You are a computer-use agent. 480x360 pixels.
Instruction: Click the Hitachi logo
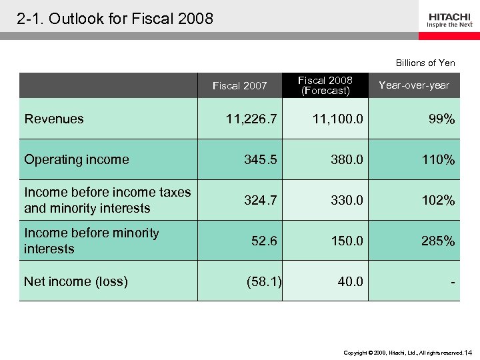(x=450, y=19)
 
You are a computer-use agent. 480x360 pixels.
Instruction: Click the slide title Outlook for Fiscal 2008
(x=115, y=19)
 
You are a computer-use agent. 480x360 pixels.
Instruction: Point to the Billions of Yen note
(x=425, y=63)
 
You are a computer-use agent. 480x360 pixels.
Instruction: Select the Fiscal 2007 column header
(x=239, y=85)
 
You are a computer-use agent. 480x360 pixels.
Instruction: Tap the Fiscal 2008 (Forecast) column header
(x=325, y=85)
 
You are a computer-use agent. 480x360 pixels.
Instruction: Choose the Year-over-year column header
(x=413, y=85)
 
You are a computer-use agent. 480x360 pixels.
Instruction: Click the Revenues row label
(x=54, y=119)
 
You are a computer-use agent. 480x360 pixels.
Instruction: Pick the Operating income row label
(x=77, y=159)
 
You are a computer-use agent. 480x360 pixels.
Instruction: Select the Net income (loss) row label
(x=75, y=281)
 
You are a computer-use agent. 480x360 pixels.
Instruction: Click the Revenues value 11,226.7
(x=251, y=119)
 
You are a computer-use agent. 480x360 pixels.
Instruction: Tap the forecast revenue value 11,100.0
(x=337, y=119)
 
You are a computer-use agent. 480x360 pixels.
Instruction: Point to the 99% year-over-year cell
(x=441, y=119)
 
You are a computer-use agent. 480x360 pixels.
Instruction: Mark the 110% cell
(x=438, y=160)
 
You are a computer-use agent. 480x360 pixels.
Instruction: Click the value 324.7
(x=260, y=201)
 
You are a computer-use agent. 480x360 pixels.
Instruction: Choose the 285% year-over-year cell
(x=438, y=241)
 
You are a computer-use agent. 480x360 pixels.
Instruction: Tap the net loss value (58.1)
(x=264, y=281)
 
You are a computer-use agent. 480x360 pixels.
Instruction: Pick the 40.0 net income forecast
(x=350, y=281)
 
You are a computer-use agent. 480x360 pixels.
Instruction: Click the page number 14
(x=468, y=352)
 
